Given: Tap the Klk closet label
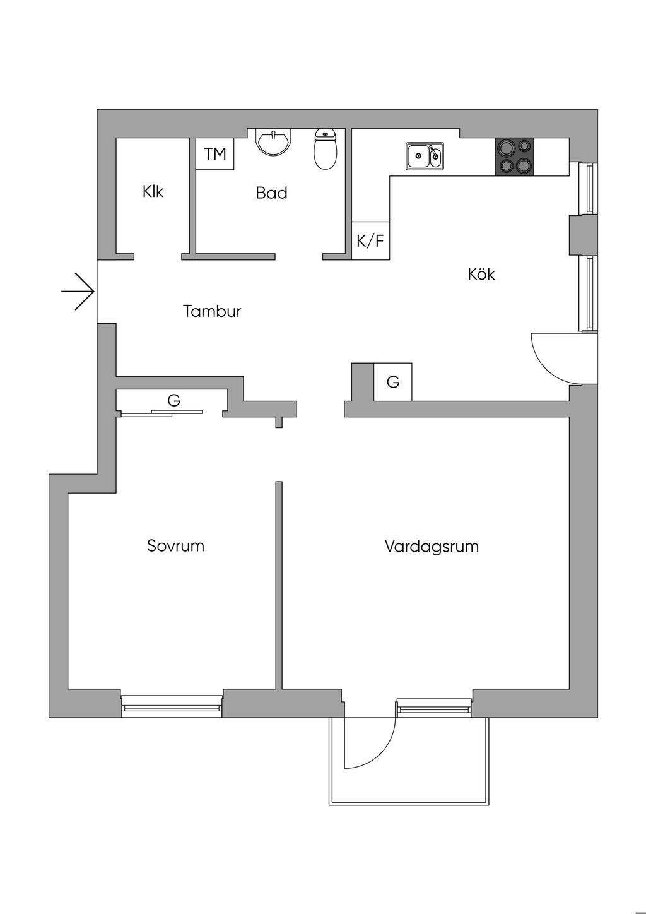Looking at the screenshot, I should tap(153, 191).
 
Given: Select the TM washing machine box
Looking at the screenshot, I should tap(215, 154).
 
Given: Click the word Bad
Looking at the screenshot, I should tap(272, 193).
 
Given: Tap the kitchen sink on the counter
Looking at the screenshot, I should tap(425, 155).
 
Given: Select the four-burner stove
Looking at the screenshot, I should tap(514, 157).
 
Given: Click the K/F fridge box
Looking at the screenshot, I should tap(370, 241).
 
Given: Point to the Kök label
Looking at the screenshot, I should tap(481, 274).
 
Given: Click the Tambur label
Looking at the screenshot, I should tap(212, 311).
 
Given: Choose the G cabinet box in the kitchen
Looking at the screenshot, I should tap(393, 382).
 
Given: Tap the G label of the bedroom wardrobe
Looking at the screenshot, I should tap(174, 400).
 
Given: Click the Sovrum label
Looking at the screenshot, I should tap(175, 545).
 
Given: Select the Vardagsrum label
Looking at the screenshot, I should tap(432, 546).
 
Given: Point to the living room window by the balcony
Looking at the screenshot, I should tap(434, 708).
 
